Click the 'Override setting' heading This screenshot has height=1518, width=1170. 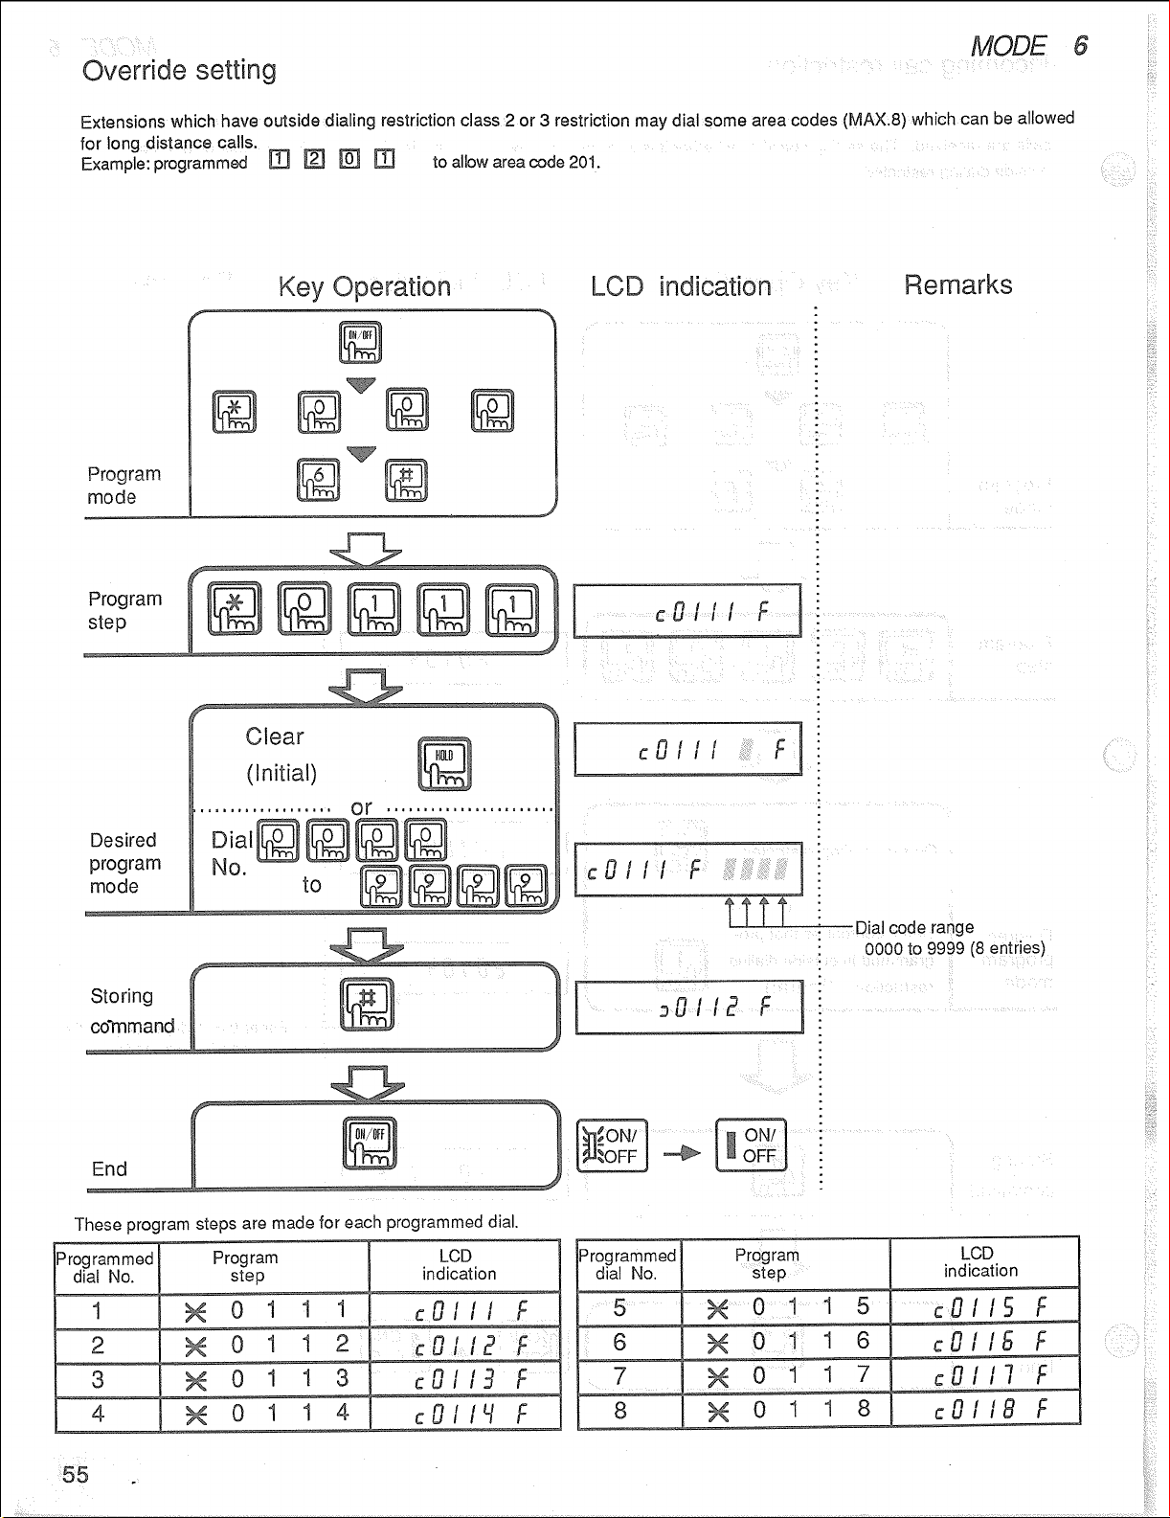(179, 70)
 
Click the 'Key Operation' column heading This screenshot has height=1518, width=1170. (364, 286)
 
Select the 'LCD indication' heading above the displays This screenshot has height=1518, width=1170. (680, 286)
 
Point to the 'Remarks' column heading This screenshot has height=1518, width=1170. (957, 284)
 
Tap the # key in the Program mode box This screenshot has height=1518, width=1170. (406, 480)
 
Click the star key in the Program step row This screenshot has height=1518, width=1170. (235, 609)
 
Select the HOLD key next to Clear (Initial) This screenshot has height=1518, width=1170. (444, 763)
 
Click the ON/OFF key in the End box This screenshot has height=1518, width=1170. (369, 1143)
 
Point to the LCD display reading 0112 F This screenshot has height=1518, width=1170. (688, 1007)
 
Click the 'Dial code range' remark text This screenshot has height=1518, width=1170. (913, 927)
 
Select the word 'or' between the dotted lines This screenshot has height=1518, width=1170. (361, 807)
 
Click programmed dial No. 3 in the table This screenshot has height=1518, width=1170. (98, 1379)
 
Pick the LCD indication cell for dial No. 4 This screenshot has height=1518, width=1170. (464, 1414)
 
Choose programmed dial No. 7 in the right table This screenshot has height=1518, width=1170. (619, 1376)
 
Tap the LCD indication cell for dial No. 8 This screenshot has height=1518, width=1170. (985, 1410)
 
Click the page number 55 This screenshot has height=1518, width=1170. (75, 1474)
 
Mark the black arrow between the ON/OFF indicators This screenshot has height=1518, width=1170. (682, 1153)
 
